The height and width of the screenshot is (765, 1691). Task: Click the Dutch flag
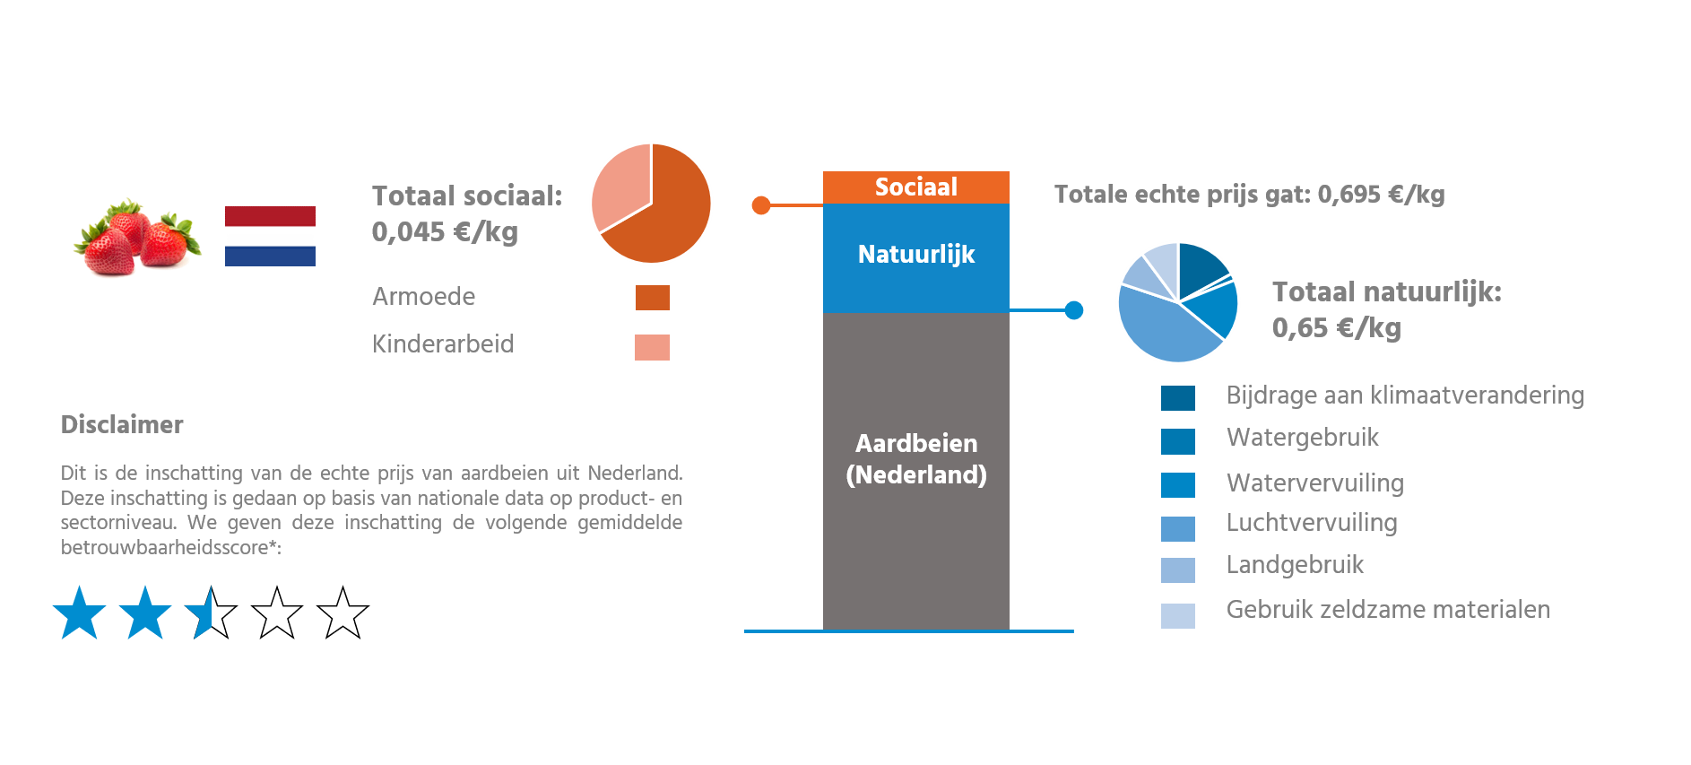(270, 236)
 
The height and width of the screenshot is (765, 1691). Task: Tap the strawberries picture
(137, 237)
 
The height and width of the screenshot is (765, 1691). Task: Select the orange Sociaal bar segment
(915, 187)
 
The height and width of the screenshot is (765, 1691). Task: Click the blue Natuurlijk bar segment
(915, 257)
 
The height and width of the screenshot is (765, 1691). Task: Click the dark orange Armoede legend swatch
(652, 298)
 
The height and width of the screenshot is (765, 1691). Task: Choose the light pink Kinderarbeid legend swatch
(652, 347)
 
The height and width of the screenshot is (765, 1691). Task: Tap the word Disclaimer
(122, 425)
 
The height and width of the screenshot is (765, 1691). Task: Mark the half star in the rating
(201, 613)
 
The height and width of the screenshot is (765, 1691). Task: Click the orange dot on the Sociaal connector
(761, 205)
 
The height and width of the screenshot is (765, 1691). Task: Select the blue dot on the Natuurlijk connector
(1073, 310)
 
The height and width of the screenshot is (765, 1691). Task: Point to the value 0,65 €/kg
(1336, 328)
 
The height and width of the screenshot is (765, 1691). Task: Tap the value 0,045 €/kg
(445, 232)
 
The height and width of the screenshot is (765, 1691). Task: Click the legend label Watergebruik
(1302, 438)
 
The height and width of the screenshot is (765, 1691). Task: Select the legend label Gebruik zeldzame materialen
(1388, 610)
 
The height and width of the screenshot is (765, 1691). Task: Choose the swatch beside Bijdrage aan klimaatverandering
(1177, 397)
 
